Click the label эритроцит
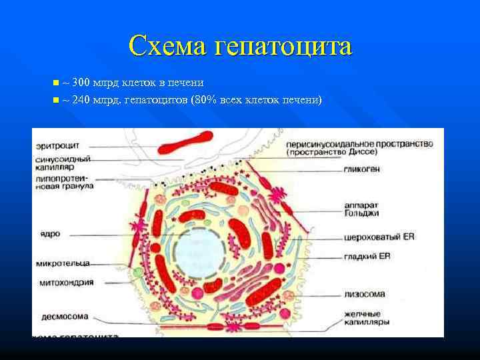[57, 145]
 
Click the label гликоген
[363, 169]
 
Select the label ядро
[49, 234]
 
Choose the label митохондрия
[65, 282]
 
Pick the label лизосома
[363, 292]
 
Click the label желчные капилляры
[366, 317]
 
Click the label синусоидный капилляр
[59, 163]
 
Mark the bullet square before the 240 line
[55, 100]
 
